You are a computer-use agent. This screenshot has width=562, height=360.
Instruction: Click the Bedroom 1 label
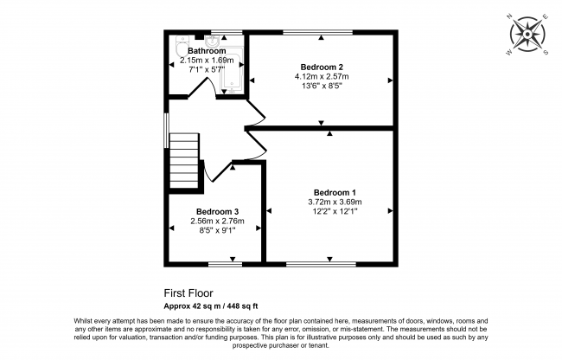pos(334,192)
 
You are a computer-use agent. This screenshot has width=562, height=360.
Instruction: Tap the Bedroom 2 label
pos(322,67)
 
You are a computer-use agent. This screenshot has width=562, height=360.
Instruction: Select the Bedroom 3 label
pos(216,211)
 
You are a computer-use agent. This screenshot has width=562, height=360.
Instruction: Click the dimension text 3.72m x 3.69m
pos(334,202)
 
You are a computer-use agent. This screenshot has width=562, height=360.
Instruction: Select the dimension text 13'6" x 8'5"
pos(322,86)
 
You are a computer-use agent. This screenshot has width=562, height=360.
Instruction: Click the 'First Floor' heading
pos(188,293)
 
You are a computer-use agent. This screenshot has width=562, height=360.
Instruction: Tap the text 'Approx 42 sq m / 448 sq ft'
pos(211,305)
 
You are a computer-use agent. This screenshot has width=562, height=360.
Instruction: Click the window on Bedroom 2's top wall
pos(317,33)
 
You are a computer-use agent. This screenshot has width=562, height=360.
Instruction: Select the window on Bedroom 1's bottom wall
pos(321,262)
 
